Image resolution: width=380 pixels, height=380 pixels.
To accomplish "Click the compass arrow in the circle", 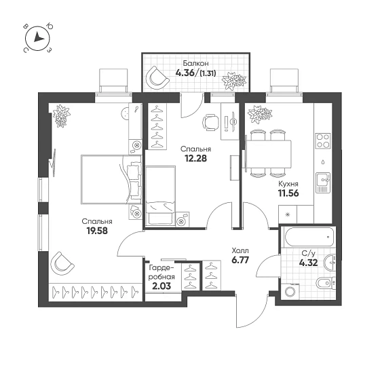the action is pyautogui.click(x=38, y=37).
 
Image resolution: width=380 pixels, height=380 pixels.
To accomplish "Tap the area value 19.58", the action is pyautogui.click(x=97, y=231).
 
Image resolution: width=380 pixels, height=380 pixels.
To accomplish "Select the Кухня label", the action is pyautogui.click(x=288, y=184).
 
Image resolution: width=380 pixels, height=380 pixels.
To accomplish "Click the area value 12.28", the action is pyautogui.click(x=195, y=158).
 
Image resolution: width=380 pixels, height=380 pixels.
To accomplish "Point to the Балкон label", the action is pyautogui.click(x=195, y=64).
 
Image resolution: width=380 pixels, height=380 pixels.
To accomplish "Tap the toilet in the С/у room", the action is pyautogui.click(x=326, y=282).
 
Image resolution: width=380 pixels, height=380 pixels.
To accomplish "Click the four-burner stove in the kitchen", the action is pyautogui.click(x=323, y=140).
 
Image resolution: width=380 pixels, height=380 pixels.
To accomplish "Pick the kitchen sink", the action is pyautogui.click(x=323, y=183).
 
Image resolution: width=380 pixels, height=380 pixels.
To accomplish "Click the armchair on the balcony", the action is pyautogui.click(x=157, y=77).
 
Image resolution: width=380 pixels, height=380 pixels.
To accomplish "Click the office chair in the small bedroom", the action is pyautogui.click(x=210, y=122).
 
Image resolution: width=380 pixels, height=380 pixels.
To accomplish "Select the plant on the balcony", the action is pyautogui.click(x=235, y=79).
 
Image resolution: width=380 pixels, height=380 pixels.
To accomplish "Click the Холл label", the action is pyautogui.click(x=240, y=250).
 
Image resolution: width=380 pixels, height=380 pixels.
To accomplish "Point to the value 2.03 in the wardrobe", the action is pyautogui.click(x=161, y=286).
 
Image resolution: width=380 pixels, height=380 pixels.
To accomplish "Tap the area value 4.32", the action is pyautogui.click(x=308, y=263).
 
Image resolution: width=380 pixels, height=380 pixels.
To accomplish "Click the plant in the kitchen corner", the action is pyautogui.click(x=260, y=113).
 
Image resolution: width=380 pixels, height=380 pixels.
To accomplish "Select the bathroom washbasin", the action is pyautogui.click(x=330, y=262).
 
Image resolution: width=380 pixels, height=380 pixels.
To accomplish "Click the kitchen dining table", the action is pyautogui.click(x=269, y=155).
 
